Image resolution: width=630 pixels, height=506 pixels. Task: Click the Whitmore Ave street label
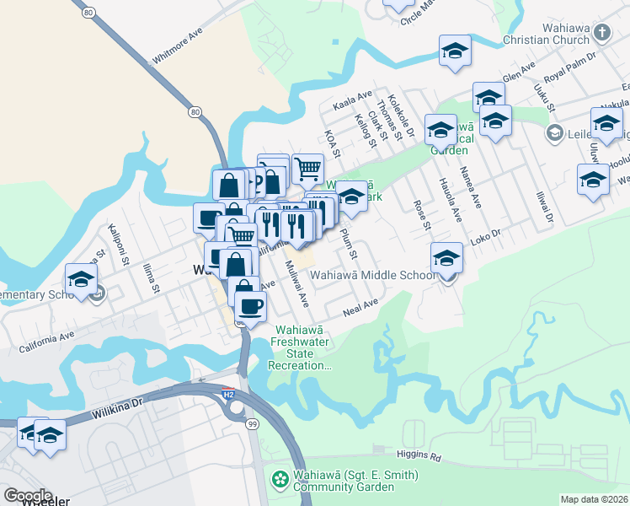pos(178,49)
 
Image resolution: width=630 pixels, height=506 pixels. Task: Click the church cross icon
pos(601,32)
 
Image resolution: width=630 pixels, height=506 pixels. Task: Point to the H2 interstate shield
pos(228,393)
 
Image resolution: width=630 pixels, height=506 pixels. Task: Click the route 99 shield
pos(253,423)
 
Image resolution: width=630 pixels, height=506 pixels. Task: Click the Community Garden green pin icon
pos(279,480)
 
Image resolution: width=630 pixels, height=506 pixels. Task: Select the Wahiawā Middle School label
pos(371,274)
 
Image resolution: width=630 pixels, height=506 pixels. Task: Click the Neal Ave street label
pos(362,310)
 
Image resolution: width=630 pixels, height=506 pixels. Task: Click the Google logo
pos(28,496)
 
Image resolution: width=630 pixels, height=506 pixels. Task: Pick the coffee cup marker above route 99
pos(249,307)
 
